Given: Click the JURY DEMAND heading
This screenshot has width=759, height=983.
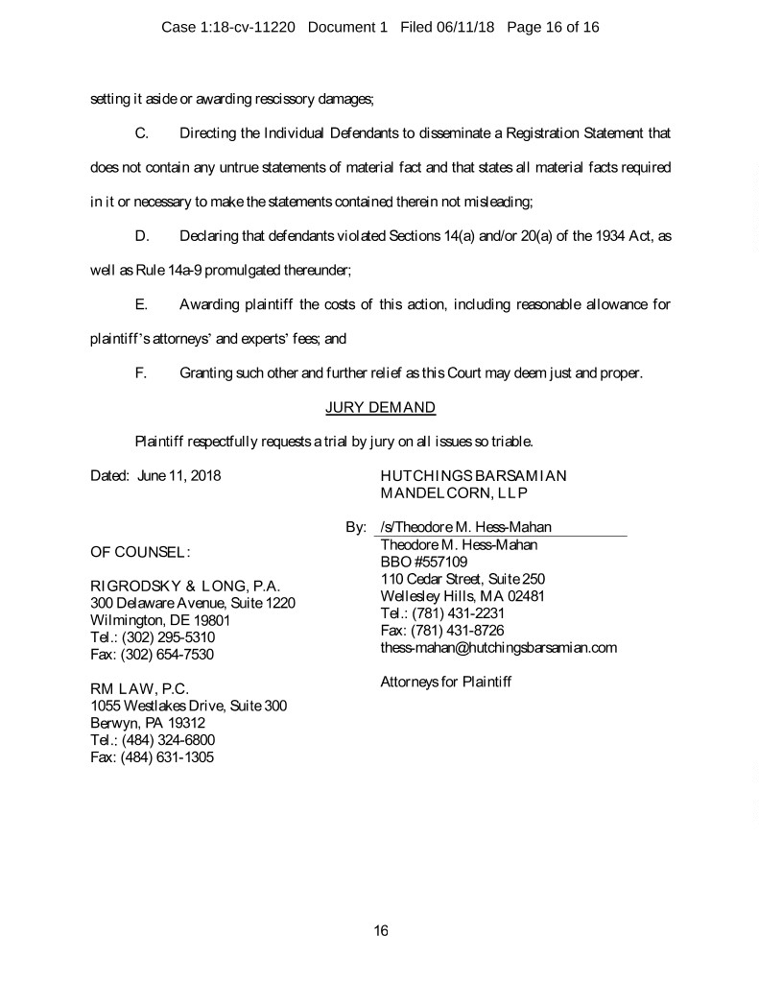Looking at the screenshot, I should (x=380, y=407).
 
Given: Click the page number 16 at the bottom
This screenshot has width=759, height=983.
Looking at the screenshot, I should (x=380, y=930).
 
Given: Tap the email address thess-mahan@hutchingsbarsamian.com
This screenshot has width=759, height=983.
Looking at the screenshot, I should (x=498, y=648).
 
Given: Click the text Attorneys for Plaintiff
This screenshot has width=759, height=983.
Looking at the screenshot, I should (x=446, y=683).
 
